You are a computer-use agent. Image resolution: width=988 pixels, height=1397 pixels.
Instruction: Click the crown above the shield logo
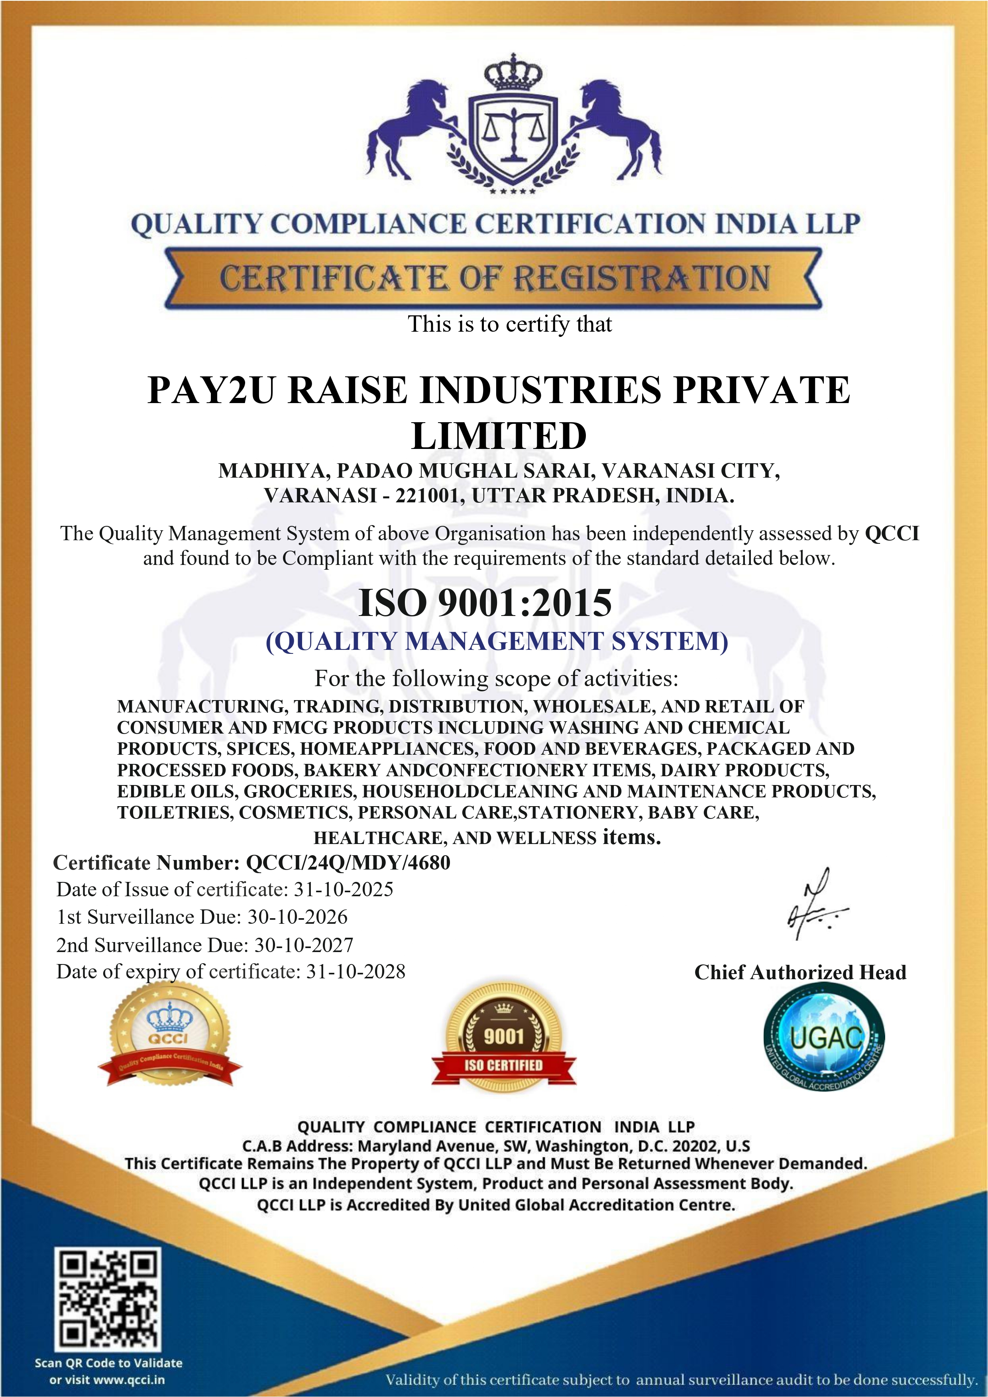[513, 73]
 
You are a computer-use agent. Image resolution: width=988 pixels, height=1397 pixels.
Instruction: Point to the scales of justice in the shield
[513, 131]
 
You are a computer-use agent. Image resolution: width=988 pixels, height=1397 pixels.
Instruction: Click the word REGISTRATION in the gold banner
[642, 279]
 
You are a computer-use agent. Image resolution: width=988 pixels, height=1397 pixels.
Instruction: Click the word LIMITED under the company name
[499, 436]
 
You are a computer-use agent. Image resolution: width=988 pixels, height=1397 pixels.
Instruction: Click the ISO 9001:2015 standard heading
[485, 603]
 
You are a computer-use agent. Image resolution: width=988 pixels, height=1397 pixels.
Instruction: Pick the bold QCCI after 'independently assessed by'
[892, 533]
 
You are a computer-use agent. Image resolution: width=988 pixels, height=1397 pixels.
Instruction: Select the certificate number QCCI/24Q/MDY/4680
[348, 863]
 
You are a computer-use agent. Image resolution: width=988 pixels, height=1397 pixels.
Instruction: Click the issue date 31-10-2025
[344, 889]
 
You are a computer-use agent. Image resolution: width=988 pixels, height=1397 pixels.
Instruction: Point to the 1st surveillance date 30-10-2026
[297, 917]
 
